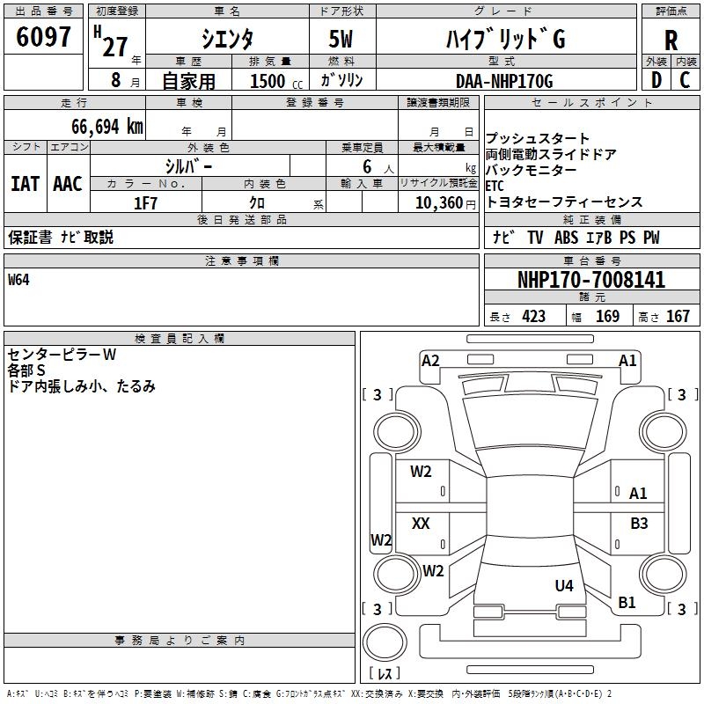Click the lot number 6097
coord(44,37)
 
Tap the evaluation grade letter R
coord(671,40)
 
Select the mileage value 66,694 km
coord(106,126)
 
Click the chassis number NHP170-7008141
coord(591,281)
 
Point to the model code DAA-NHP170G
coord(504,81)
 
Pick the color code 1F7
coord(145,203)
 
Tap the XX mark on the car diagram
coord(421,524)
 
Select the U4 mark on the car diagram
coord(564,585)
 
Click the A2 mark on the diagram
coord(430,360)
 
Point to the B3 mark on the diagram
coord(639,524)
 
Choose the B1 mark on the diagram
coord(627,603)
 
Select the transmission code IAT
coord(25,184)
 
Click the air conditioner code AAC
coord(67,184)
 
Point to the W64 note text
coord(18,281)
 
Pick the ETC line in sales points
coord(495,186)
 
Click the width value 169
coord(608,316)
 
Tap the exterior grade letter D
coord(655,81)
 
